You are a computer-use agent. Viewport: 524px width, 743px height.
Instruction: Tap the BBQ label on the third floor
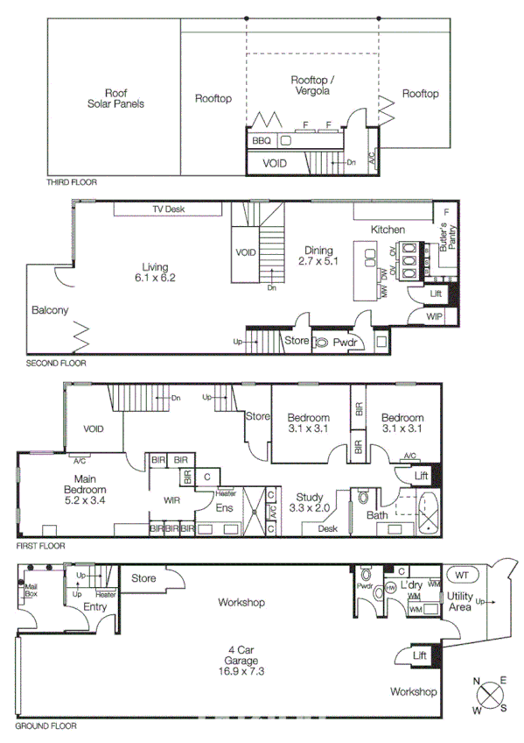pos(262,140)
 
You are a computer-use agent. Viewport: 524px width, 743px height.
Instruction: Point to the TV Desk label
pos(168,209)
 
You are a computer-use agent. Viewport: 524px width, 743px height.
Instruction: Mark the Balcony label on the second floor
pos(50,310)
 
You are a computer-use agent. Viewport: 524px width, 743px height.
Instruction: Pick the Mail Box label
pos(31,591)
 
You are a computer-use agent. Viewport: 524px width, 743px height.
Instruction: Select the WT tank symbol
pos(461,575)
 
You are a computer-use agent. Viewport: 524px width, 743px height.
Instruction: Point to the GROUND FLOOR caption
pos(45,726)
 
